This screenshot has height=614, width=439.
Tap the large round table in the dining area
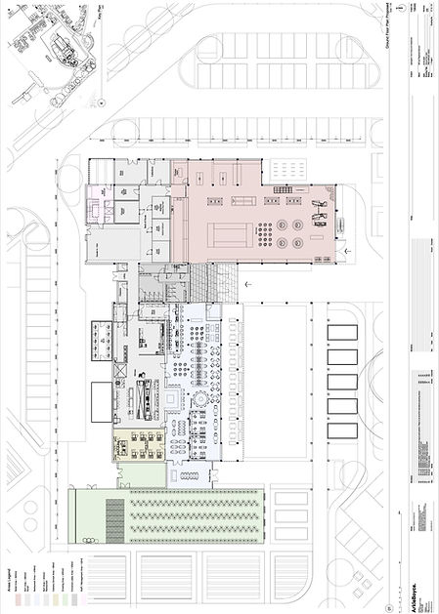[x=200, y=401]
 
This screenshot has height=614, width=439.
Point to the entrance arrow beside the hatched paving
[x=247, y=283]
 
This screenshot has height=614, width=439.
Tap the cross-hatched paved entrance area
[x=214, y=283]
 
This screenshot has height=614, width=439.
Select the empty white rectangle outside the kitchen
[x=102, y=401]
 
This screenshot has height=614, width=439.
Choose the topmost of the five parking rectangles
[x=341, y=333]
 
